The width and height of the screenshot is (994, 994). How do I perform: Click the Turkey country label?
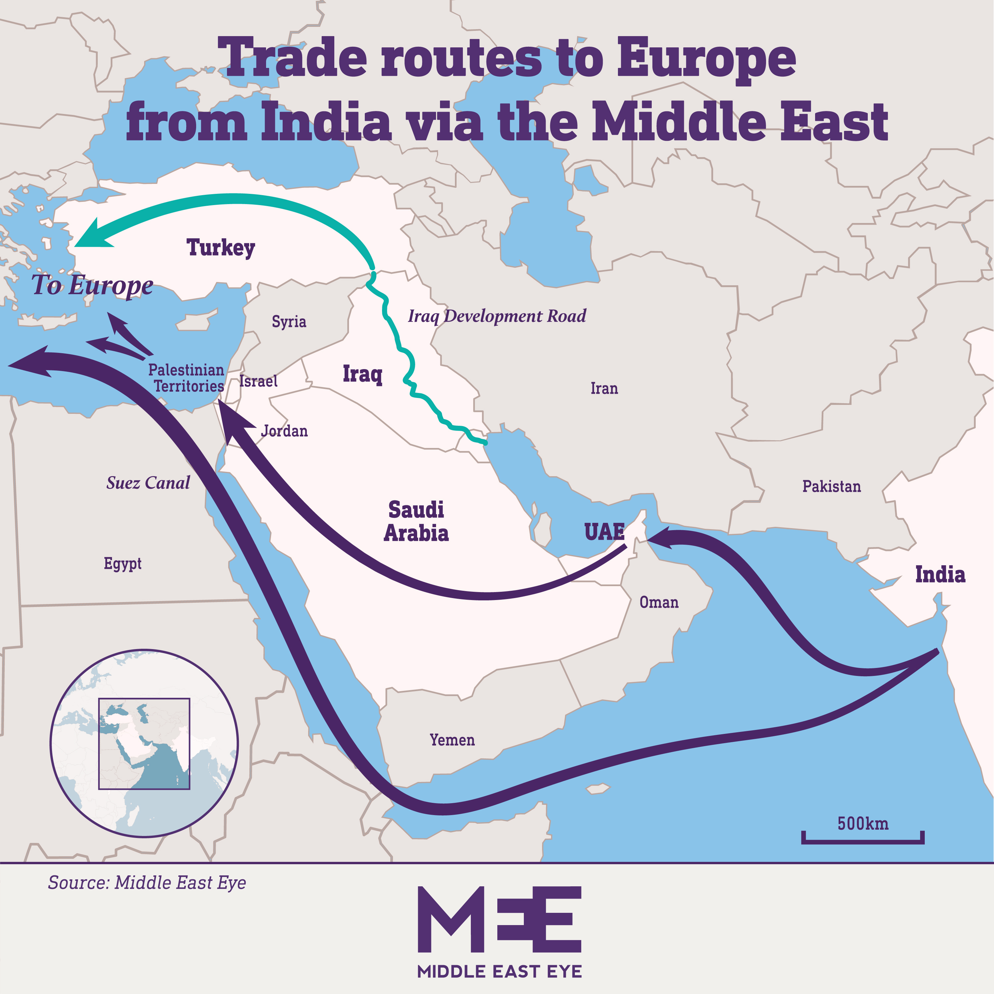tap(220, 248)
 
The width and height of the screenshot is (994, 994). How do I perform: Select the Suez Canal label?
tap(148, 483)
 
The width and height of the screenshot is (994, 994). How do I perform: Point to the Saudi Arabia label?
tap(416, 521)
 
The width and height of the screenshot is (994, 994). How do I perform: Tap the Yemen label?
tap(452, 740)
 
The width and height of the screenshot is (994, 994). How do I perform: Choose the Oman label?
tap(659, 602)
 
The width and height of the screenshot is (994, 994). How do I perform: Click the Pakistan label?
tap(831, 486)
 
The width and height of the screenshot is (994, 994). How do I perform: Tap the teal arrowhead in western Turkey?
tap(93, 237)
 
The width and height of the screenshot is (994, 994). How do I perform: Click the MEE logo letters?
tap(499, 919)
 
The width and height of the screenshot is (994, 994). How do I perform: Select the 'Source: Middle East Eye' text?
tap(147, 882)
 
